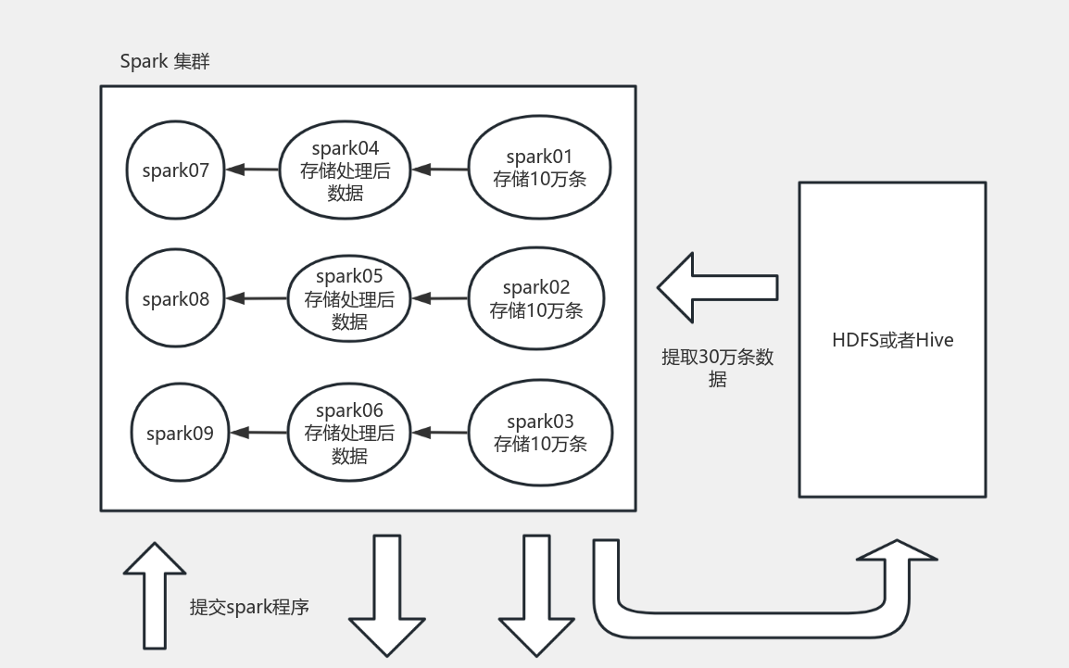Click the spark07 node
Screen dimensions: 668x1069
(176, 170)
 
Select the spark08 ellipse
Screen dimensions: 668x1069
(176, 299)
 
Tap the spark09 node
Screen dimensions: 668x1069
(180, 433)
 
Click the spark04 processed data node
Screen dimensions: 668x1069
(346, 170)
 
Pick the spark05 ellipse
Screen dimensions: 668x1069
(349, 299)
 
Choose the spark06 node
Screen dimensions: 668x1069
(349, 433)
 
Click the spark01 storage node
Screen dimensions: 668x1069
(540, 168)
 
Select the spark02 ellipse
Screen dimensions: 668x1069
(536, 298)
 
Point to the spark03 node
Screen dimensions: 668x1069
(540, 433)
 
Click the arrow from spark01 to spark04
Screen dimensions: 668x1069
(441, 170)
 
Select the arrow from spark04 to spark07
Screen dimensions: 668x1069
(252, 170)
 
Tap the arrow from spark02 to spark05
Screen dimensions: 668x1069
(441, 298)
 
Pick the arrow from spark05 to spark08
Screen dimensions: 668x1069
(256, 298)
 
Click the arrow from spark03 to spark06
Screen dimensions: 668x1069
(441, 432)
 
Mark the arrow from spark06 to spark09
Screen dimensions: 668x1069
(258, 432)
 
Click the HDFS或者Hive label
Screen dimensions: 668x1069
(892, 340)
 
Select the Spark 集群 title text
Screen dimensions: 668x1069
(165, 62)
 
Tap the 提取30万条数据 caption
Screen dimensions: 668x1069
(717, 368)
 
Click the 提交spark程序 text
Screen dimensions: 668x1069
(249, 607)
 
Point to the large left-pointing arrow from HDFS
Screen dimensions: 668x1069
(718, 287)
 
